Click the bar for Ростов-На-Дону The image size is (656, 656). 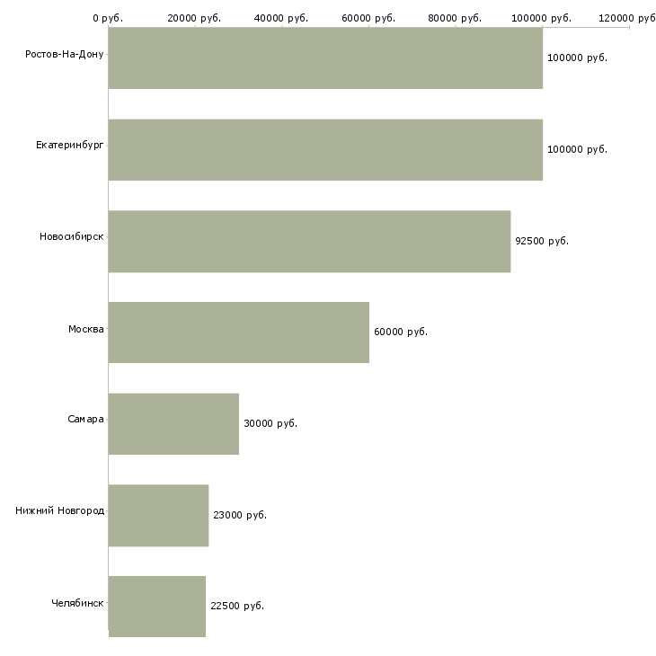coord(325,58)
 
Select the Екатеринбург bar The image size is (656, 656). coord(325,149)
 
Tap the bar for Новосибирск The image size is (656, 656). coord(309,241)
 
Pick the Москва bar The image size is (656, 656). coord(238,332)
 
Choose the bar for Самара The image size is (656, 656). coord(173,423)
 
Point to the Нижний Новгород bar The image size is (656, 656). coord(158,515)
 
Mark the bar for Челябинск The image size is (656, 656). coord(157,606)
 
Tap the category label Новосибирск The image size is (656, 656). coord(72,236)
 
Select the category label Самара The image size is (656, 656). coord(85,419)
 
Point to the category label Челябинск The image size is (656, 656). coord(77,602)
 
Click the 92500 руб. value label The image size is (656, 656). coord(542,241)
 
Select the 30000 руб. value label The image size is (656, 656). coord(270,423)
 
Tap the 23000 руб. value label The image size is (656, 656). coord(240,515)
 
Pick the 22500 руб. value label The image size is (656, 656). coord(237,606)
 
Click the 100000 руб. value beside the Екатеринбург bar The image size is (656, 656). coord(577,149)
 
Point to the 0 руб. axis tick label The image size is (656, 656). coord(108,18)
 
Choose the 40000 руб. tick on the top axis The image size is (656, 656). coord(282,18)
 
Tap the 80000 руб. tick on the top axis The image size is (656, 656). coord(456,18)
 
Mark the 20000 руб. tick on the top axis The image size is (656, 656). coord(195,18)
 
